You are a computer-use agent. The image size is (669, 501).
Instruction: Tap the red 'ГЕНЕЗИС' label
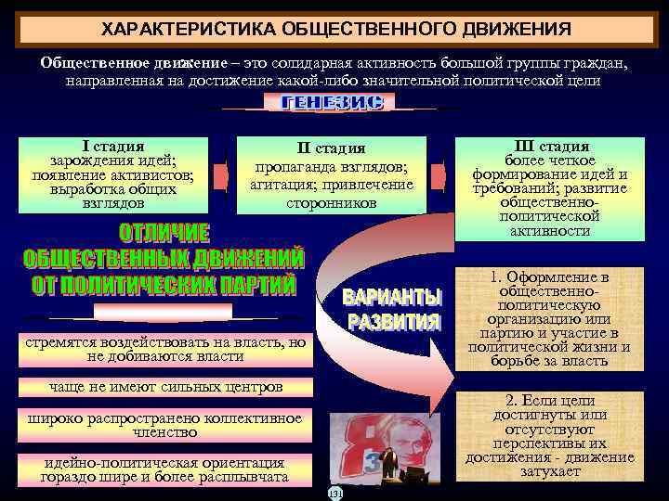(x=333, y=104)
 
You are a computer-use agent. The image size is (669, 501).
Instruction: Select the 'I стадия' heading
(x=112, y=146)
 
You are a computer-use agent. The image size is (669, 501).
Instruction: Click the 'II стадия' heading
(x=332, y=148)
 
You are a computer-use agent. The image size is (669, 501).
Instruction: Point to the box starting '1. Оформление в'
(x=551, y=319)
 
